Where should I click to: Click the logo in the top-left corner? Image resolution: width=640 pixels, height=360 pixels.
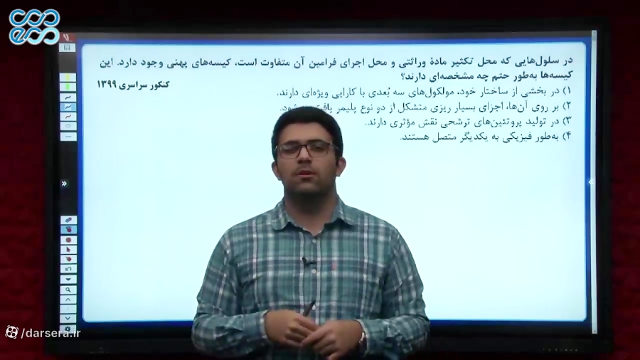pos(34,26)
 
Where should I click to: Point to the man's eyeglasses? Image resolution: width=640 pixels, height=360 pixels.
pos(306,149)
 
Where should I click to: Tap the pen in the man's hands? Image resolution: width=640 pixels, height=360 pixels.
pos(310,309)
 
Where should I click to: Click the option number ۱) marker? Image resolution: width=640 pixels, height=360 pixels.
pos(567,92)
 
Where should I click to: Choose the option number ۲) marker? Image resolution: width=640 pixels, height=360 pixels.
pos(567,107)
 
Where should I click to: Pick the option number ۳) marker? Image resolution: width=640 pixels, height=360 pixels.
pos(567,122)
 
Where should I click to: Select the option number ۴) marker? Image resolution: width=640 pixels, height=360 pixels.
pos(567,136)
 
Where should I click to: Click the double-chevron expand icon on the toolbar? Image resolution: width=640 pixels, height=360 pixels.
pos(64,184)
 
